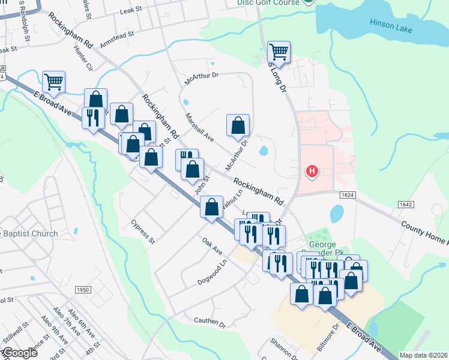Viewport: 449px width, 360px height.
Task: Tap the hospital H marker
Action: point(312,172)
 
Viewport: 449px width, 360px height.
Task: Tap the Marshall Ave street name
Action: point(199,127)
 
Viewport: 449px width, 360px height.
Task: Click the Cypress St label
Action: point(143,232)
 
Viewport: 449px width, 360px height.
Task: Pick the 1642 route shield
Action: point(406,205)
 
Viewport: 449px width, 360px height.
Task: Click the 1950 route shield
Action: point(83,290)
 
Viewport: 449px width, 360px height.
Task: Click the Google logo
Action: point(19,353)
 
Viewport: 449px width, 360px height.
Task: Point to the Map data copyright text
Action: point(423,355)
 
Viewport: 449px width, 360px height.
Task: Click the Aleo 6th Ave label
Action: point(78,326)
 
